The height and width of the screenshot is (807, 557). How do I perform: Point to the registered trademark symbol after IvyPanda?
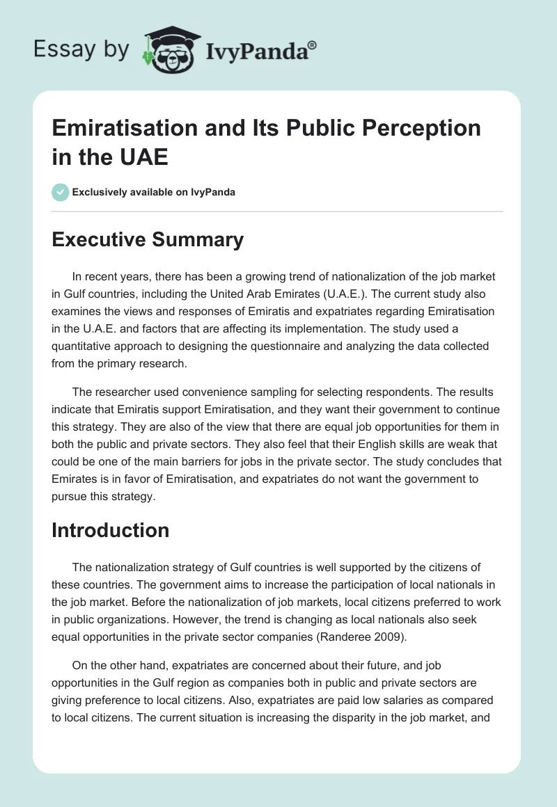[313, 45]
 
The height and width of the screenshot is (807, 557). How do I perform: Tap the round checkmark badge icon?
[61, 192]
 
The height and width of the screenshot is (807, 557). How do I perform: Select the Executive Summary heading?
[148, 239]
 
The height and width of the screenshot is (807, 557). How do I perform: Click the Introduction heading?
[111, 530]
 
